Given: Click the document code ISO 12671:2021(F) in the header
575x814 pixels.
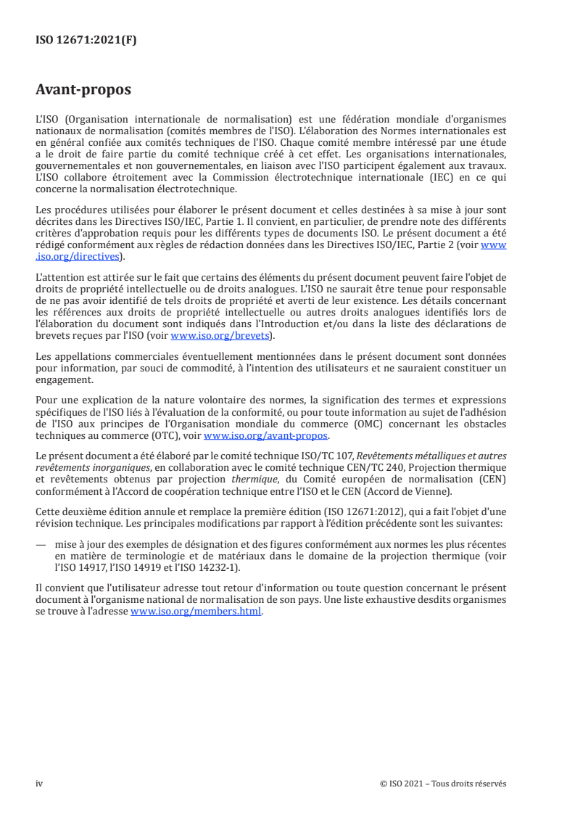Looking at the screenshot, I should coord(86,41).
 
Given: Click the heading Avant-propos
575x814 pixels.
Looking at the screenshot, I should coord(83,91).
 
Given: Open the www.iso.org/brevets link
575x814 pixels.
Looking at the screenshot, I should coord(220,336).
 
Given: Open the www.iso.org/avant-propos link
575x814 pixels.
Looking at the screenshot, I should coord(266,436).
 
